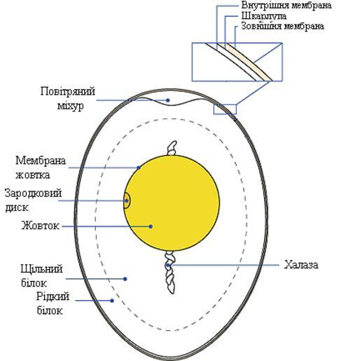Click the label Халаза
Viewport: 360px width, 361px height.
coord(300,265)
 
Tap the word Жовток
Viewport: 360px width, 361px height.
coord(40,226)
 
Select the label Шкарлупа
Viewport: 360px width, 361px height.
coord(264,16)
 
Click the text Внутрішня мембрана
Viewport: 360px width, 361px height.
coord(286,5)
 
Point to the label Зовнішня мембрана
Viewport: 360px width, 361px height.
coord(282,26)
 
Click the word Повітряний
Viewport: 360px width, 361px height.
coord(68,91)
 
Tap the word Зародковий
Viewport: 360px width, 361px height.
coord(33,193)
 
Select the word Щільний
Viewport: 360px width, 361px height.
coord(41,269)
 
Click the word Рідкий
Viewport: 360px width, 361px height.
coord(53,297)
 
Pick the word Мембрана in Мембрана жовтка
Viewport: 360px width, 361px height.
coord(41,161)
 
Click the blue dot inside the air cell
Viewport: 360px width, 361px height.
coord(168,100)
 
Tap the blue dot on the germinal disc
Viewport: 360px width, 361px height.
coord(127,200)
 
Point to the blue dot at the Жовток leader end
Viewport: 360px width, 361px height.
coord(151,226)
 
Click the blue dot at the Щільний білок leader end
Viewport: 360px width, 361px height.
coord(125,279)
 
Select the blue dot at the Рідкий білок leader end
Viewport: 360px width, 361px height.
coord(112,301)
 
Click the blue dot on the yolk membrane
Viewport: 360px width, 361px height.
coord(139,168)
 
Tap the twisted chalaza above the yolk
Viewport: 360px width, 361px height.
coord(172,148)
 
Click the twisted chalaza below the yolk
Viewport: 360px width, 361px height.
coord(170,272)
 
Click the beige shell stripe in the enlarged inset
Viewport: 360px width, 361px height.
coord(250,62)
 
